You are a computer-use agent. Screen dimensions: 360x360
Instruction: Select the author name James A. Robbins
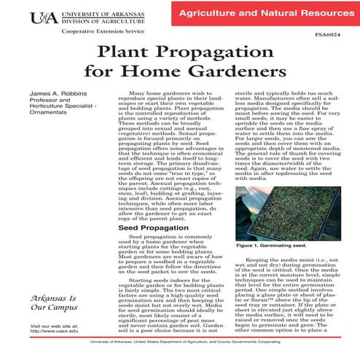57,95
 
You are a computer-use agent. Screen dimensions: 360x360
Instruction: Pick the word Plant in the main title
123,52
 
